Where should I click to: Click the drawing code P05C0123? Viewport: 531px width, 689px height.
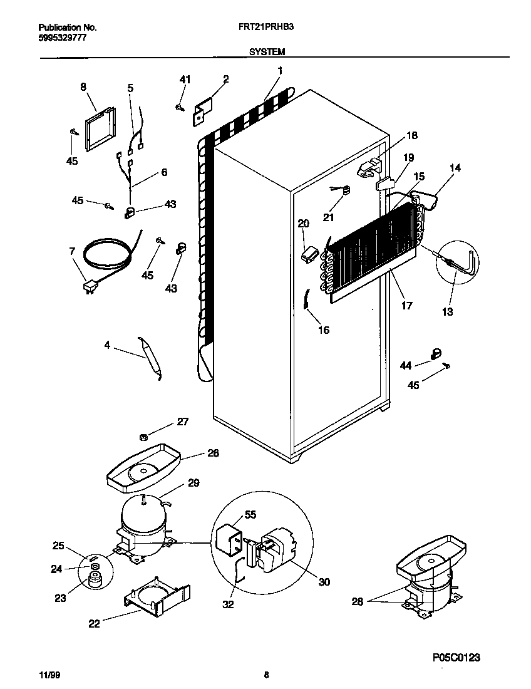456,657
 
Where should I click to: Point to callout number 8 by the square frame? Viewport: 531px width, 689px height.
83,87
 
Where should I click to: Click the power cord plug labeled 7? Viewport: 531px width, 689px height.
91,288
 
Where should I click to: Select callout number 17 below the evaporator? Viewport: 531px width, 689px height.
406,307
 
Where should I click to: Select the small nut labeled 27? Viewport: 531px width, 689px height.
143,437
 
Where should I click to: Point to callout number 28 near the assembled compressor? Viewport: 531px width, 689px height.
357,602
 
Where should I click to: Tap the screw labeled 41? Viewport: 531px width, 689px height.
180,108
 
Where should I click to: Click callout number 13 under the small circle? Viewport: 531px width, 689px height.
447,311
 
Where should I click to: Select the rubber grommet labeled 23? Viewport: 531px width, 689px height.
95,581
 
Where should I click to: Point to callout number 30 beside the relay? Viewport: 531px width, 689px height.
324,582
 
